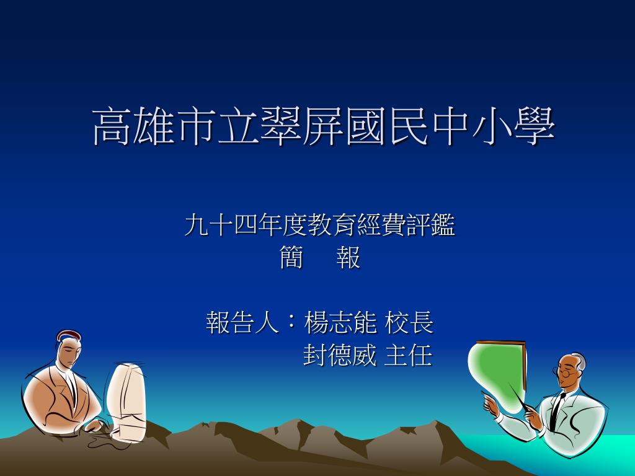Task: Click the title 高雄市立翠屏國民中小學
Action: pyautogui.click(x=324, y=126)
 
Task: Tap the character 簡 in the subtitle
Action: pyautogui.click(x=291, y=258)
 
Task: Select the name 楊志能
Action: pyautogui.click(x=340, y=322)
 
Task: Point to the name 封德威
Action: pyautogui.click(x=340, y=355)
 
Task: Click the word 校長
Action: pyautogui.click(x=409, y=322)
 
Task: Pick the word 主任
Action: pyautogui.click(x=408, y=355)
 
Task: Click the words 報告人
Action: pyautogui.click(x=242, y=322)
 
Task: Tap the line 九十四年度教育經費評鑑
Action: pyautogui.click(x=320, y=225)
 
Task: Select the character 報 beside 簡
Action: pyautogui.click(x=349, y=258)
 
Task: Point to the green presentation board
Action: pyautogui.click(x=497, y=374)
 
